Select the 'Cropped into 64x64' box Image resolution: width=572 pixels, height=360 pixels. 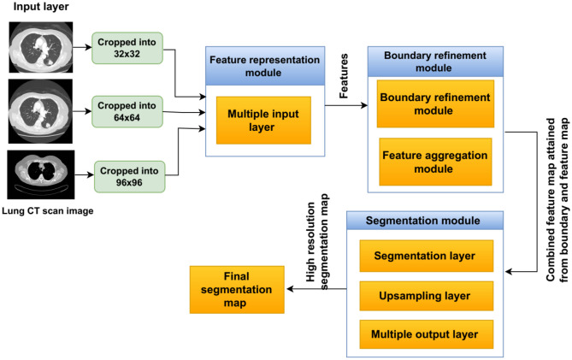(126, 109)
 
